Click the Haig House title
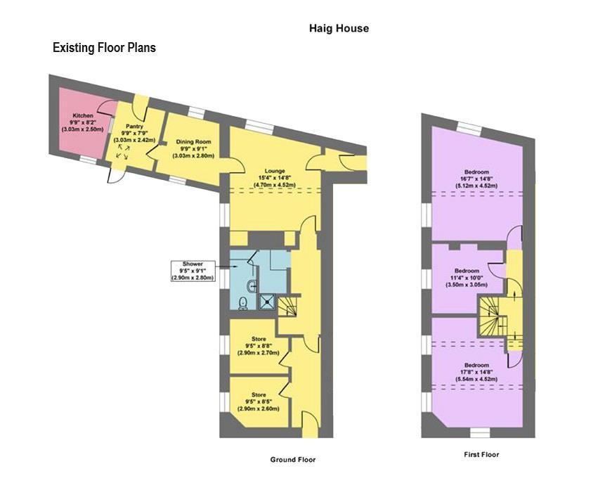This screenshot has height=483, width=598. coord(339,29)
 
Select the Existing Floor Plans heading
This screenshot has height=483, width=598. coord(104,48)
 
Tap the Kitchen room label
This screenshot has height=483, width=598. coord(83,122)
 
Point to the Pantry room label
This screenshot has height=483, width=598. coord(134,133)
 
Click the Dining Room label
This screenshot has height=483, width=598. coord(193,149)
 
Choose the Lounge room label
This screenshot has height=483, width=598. coord(275,178)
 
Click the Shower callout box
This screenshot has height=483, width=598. coord(193,271)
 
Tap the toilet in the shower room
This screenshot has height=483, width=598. coord(242,303)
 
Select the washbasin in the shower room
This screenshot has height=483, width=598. coord(252,285)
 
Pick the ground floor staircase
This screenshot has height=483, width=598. coord(287,307)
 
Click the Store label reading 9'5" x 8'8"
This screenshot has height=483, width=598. coord(259,346)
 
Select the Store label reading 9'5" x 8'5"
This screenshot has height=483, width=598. coord(259,401)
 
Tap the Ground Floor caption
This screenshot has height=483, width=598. coord(293,460)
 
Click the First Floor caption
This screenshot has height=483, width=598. coord(481,454)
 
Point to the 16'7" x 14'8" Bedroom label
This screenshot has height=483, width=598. coord(476,179)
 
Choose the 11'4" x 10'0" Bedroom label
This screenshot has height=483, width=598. coord(466,278)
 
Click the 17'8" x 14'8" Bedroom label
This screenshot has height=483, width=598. coord(476,372)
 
